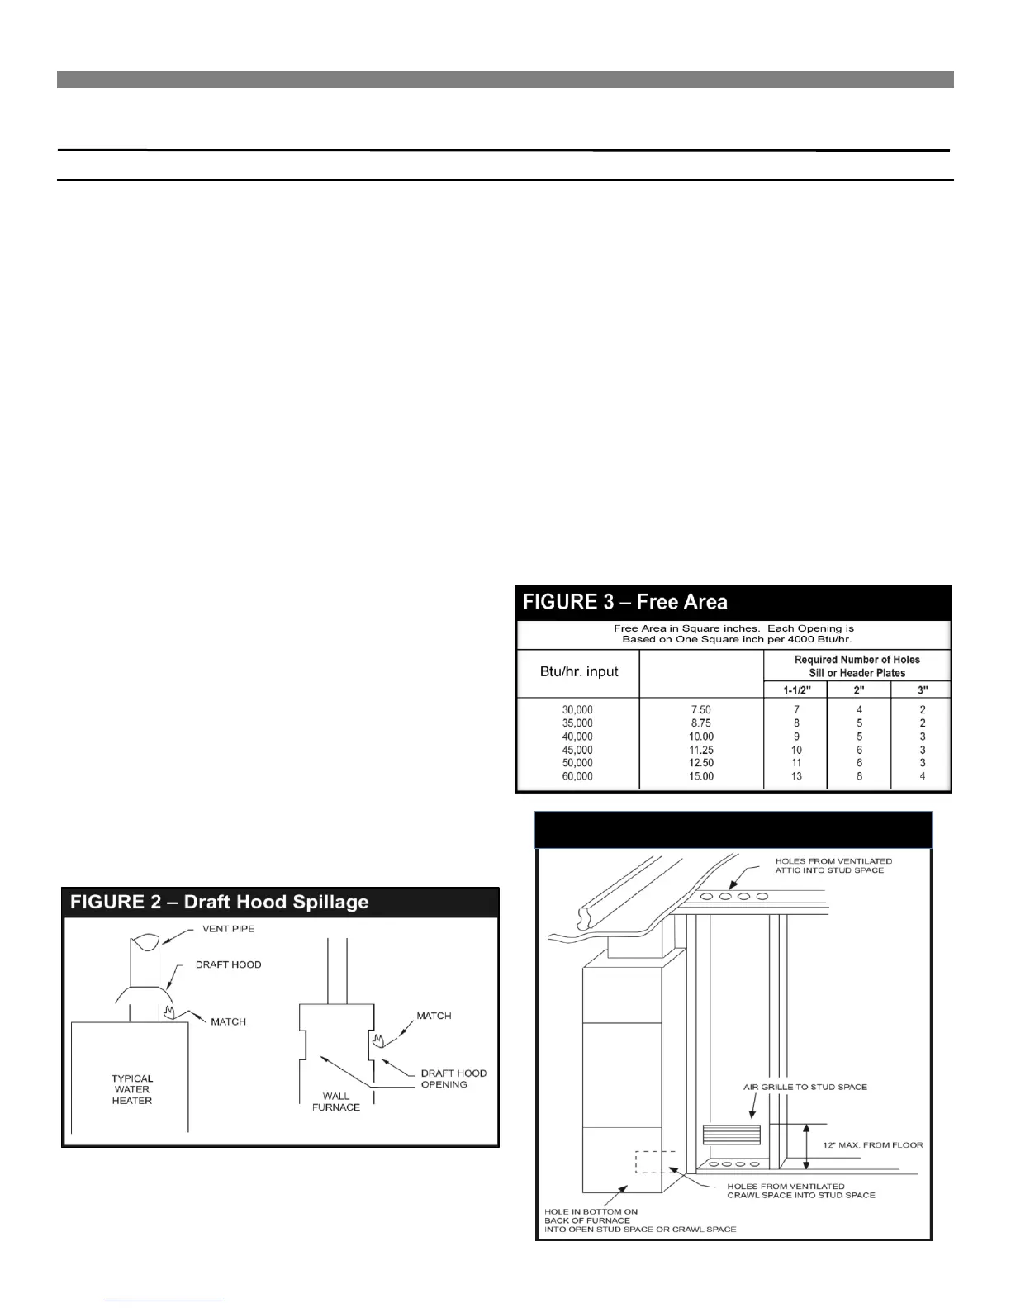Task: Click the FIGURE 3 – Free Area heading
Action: [x=625, y=602]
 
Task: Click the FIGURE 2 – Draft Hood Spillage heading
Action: [x=219, y=902]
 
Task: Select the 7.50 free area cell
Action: [x=700, y=709]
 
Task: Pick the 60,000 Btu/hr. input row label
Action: [x=577, y=776]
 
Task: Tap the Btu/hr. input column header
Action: [x=578, y=671]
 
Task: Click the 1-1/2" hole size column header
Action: [x=796, y=690]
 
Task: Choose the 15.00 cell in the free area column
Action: [x=700, y=776]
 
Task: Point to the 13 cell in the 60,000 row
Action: [x=796, y=776]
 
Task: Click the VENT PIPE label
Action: [x=228, y=929]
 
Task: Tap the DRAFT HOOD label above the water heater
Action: [x=228, y=964]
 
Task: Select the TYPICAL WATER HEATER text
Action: [x=132, y=1089]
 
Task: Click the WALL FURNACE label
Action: [x=336, y=1102]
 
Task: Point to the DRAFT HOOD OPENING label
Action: [x=453, y=1078]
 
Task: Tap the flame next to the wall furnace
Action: [x=378, y=1039]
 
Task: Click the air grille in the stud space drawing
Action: [x=730, y=1134]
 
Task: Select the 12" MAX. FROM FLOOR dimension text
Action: [x=873, y=1145]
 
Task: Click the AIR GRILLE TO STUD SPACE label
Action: [x=805, y=1087]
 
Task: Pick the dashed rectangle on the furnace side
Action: [x=655, y=1162]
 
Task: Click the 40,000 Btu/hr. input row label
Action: [x=577, y=737]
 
